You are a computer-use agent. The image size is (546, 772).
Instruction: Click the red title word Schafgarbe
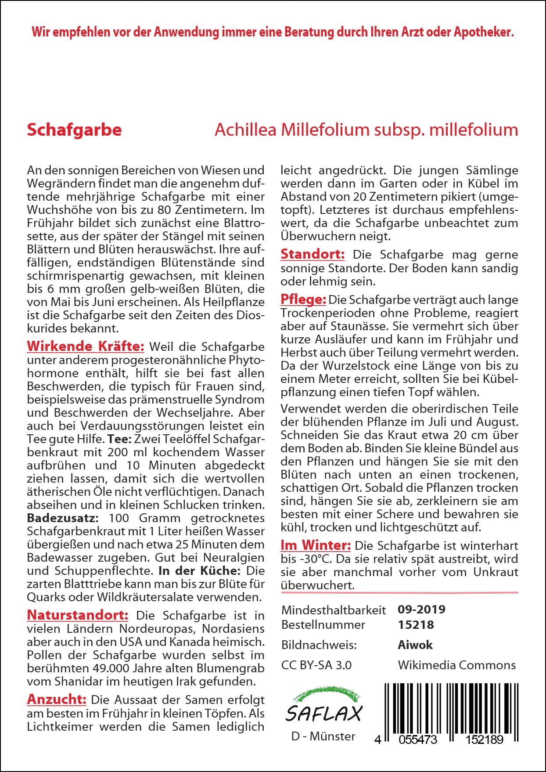(74, 130)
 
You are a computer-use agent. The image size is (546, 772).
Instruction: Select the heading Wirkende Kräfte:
(85, 346)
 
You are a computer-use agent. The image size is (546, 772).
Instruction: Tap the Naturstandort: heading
(77, 615)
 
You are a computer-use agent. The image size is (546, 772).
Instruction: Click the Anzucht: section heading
(57, 699)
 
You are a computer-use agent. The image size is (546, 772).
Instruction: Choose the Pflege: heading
(303, 299)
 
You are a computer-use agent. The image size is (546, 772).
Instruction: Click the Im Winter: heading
(316, 545)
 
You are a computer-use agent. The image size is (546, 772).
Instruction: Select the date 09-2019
(421, 610)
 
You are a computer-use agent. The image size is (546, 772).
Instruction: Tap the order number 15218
(415, 624)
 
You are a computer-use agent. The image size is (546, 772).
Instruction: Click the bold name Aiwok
(415, 645)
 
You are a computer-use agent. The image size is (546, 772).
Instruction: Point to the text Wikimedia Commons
(456, 665)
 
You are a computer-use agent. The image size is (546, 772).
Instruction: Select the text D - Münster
(323, 736)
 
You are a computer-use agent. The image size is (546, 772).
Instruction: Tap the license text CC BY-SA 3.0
(316, 665)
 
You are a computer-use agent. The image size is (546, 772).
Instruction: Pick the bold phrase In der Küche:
(199, 570)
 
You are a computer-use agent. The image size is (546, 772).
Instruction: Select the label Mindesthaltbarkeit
(334, 610)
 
